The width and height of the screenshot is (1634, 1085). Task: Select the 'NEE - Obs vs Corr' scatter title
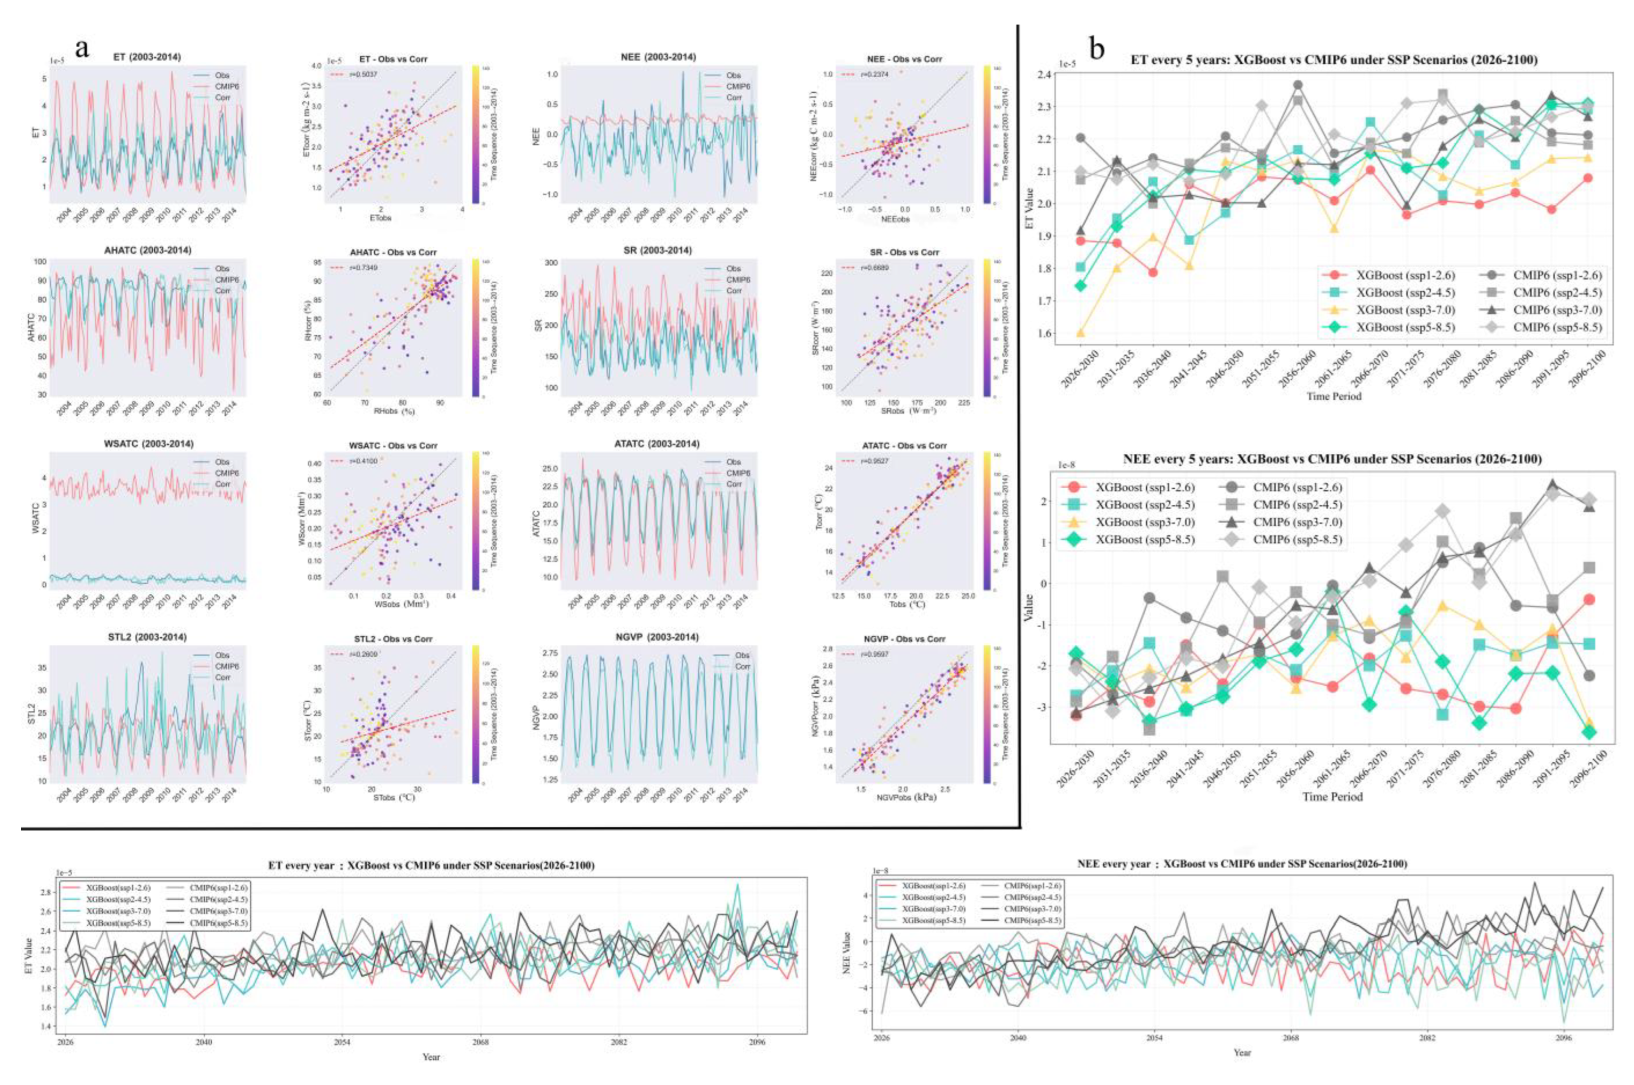(894, 59)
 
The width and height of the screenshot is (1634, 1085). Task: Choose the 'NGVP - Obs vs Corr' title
(894, 639)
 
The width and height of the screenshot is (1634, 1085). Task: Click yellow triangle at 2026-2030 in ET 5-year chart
(1081, 333)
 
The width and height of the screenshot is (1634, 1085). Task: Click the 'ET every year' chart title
(431, 865)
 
